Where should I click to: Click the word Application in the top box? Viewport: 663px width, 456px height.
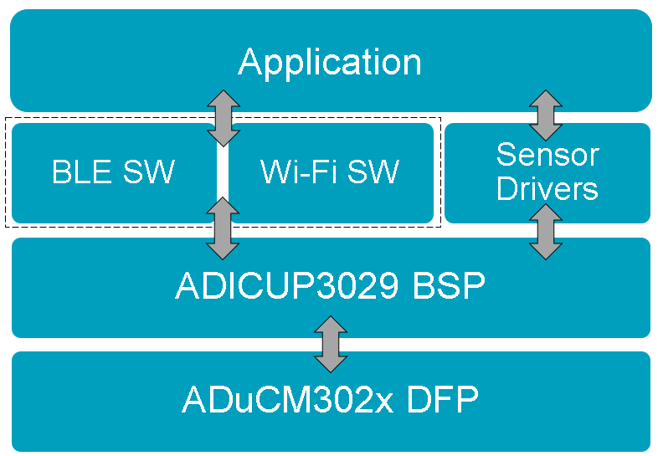click(x=330, y=62)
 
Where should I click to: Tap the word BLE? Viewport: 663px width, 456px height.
click(x=82, y=172)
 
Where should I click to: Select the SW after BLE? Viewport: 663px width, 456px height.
click(x=149, y=172)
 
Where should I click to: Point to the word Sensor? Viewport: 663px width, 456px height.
click(x=547, y=155)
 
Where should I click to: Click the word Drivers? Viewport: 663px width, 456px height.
click(x=547, y=188)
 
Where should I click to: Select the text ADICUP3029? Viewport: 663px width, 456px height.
click(x=286, y=285)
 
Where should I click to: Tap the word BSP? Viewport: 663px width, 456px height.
click(x=449, y=285)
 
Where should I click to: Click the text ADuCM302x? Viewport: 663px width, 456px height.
click(x=287, y=399)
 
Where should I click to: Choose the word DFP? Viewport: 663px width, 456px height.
click(x=443, y=399)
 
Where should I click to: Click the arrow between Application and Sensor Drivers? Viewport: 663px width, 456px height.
click(x=546, y=115)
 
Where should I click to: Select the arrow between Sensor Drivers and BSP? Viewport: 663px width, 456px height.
click(x=546, y=232)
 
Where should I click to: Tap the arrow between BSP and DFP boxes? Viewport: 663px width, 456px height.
click(x=331, y=344)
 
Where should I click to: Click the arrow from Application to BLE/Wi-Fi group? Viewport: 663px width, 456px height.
click(x=224, y=118)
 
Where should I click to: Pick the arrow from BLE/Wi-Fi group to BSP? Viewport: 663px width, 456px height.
click(x=223, y=228)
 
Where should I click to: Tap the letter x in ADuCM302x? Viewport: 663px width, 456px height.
click(x=384, y=403)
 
